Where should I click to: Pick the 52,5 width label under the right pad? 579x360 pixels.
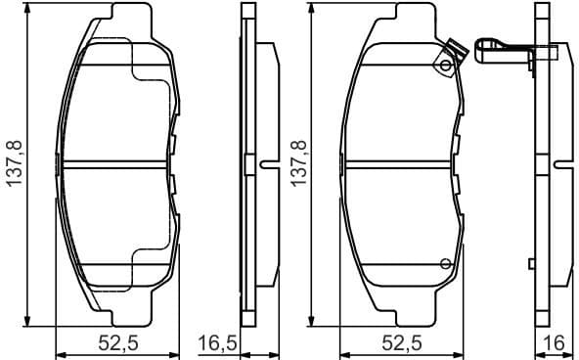pos(401,342)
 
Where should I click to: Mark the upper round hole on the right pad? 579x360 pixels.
pos(445,67)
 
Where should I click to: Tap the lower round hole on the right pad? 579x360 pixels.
pos(445,261)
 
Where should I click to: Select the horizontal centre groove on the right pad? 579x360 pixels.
pos(401,164)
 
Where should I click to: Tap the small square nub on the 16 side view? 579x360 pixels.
pos(531,262)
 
